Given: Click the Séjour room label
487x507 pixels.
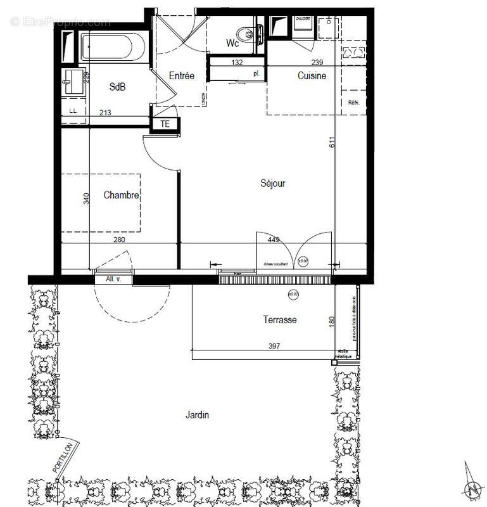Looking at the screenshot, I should (x=273, y=184).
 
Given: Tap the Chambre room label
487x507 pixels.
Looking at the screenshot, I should (x=121, y=196).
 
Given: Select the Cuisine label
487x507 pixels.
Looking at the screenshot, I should (x=312, y=76).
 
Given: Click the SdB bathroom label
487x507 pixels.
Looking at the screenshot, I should (x=117, y=87).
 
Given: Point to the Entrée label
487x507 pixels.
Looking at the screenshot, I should (x=182, y=76).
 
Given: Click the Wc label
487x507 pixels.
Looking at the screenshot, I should (x=232, y=43).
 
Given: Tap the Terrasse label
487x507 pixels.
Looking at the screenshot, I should (x=280, y=320).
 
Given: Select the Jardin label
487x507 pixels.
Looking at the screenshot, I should (x=197, y=416).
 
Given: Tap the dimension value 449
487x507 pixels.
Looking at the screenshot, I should (x=274, y=240).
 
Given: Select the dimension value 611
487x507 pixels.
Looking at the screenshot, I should (x=331, y=143).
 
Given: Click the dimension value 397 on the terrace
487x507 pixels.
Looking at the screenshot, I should (x=273, y=347).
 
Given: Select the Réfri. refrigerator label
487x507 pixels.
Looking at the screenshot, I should (x=353, y=103).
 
